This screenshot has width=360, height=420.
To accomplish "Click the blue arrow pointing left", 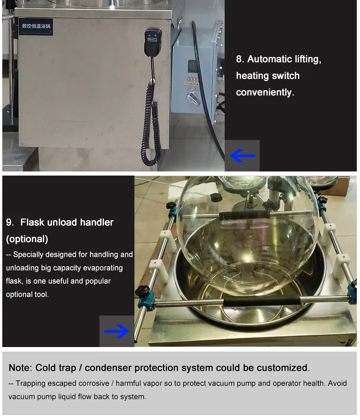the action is pos(242,156).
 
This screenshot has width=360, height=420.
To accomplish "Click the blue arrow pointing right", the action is pos(117,332).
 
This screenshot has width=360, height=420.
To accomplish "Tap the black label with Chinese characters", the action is pos(36,26).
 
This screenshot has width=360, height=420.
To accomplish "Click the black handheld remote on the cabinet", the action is pos(153,42).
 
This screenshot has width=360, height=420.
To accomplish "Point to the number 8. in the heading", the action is pos(240,59).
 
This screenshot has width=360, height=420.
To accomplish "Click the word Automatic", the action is pos(269,59).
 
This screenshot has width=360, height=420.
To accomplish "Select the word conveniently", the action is pos(265,93).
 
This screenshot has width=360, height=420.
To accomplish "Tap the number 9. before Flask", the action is pos(10,223).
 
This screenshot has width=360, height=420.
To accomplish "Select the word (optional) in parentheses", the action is pos(27,239).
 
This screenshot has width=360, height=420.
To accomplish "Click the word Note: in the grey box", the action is pos(21,368).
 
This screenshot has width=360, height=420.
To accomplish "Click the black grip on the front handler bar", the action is pos(262,301).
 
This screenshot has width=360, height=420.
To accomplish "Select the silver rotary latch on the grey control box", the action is pos(193,99).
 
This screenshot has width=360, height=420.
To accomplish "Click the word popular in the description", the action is pos(98,281).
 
